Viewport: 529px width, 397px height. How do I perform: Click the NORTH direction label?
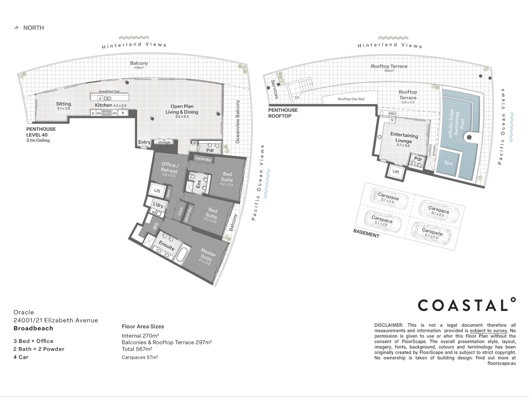tap(33, 28)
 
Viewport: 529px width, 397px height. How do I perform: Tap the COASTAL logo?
tap(466, 305)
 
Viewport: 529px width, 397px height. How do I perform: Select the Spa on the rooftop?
tap(448, 163)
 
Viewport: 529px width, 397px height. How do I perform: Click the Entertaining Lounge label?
tap(404, 138)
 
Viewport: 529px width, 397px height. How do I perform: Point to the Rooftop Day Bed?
tap(351, 99)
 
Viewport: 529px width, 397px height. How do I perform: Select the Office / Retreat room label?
tap(170, 168)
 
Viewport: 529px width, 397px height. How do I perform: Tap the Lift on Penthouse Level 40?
tap(157, 191)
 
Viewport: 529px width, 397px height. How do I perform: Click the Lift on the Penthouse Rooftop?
tap(396, 172)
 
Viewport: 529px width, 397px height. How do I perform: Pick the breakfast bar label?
tap(109, 92)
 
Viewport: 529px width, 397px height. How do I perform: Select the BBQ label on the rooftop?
tap(392, 114)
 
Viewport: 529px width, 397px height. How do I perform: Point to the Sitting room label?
tap(63, 104)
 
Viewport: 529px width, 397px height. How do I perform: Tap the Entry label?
tap(144, 142)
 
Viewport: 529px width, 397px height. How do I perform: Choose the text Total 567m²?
tap(137, 349)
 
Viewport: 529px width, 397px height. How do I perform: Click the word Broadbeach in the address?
tap(33, 328)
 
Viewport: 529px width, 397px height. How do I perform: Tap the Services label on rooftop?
tap(274, 89)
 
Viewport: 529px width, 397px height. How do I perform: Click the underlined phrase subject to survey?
tap(488, 330)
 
